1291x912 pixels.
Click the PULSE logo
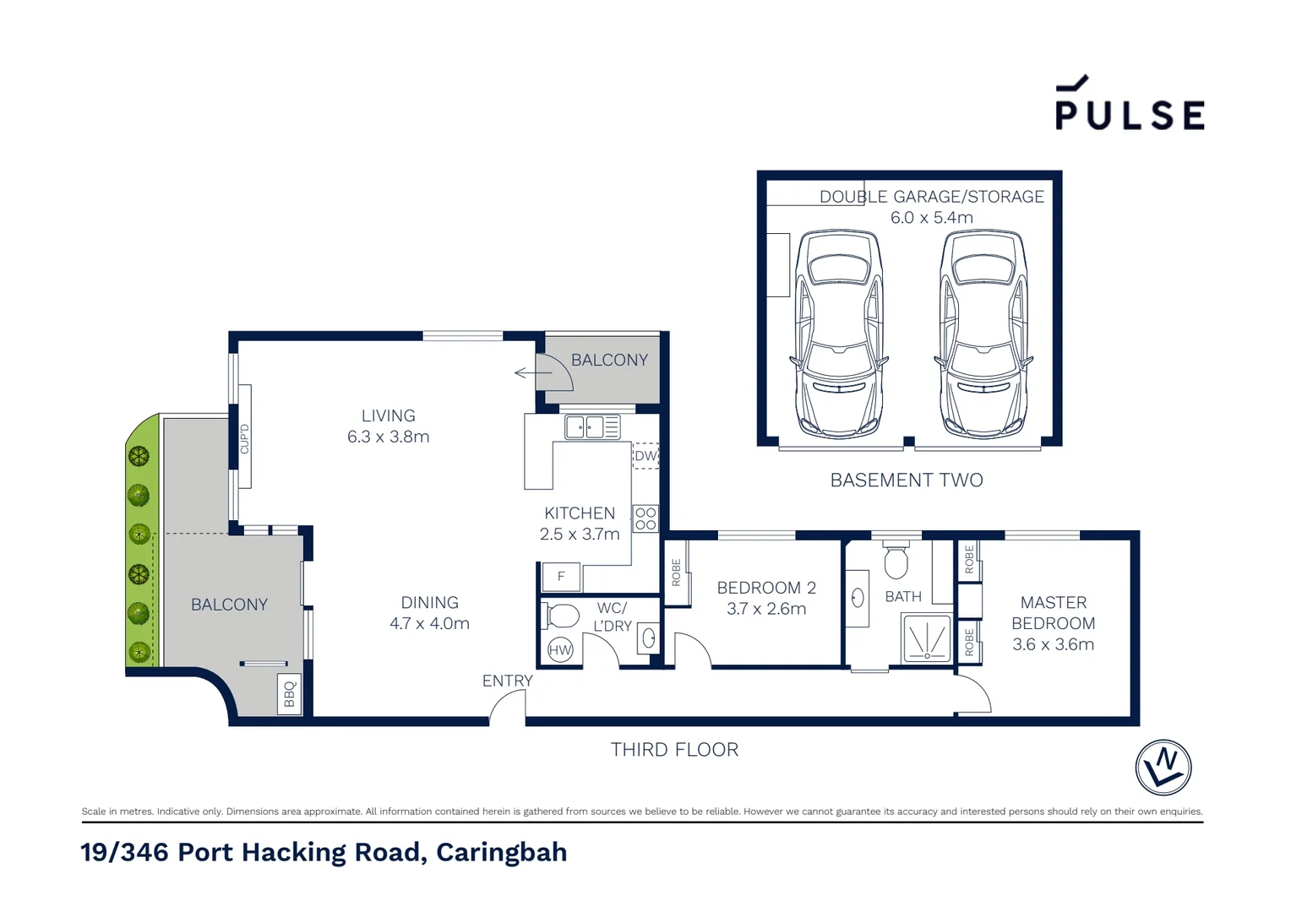point(1129,105)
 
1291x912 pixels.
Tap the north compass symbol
point(1163,768)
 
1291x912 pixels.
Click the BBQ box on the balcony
point(289,694)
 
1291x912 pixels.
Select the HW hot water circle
point(560,649)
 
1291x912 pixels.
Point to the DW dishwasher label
point(645,456)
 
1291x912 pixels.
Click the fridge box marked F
point(560,577)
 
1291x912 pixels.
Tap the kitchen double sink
point(592,427)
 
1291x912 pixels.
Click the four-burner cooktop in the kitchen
point(645,518)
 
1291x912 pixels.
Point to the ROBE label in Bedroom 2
point(676,573)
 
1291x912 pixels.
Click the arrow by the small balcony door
point(533,372)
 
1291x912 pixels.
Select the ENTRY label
point(507,681)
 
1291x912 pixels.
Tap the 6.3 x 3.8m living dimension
point(388,437)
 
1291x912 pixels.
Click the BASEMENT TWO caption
point(907,480)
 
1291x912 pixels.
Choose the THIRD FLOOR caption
point(674,749)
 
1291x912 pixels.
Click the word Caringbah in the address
point(501,852)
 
